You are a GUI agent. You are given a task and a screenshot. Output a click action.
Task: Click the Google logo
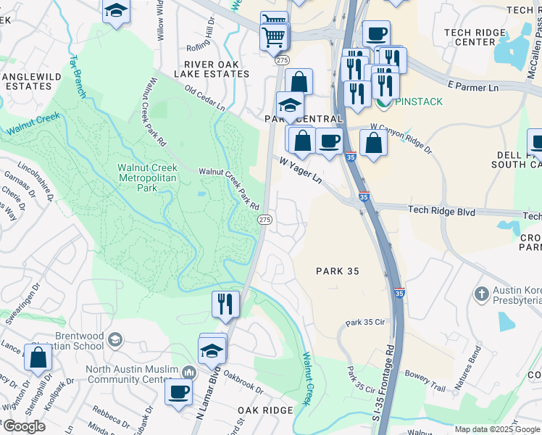(24, 426)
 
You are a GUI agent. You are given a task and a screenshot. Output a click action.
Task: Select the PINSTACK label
(418, 101)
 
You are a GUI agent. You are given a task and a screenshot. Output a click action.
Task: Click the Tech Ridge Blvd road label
(441, 210)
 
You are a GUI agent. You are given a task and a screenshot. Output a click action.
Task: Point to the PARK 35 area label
(338, 270)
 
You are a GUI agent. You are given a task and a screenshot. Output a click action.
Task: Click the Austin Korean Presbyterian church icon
(481, 294)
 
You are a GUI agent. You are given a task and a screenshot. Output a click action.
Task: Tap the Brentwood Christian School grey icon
(114, 339)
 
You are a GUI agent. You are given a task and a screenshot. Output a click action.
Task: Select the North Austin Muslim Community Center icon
(190, 372)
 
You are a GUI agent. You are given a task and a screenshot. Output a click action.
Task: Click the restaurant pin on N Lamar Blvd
(225, 303)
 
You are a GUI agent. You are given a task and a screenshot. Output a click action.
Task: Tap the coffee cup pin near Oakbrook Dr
(178, 391)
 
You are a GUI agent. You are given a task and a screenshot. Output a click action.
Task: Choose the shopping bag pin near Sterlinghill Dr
(38, 357)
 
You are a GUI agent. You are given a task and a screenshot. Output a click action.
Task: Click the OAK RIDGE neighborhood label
(265, 410)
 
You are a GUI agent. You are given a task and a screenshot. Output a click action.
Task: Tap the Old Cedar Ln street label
(204, 99)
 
